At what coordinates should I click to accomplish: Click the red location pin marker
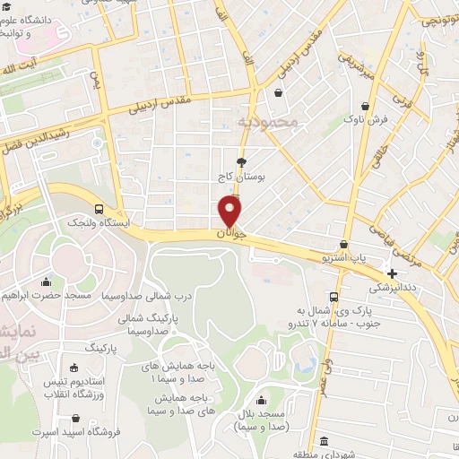coord(230,211)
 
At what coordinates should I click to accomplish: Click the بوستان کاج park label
coord(241,178)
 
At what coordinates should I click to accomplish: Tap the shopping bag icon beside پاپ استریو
coord(343,244)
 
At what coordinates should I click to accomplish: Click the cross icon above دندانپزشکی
coord(392,273)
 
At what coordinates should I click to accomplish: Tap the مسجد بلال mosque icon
coord(261,401)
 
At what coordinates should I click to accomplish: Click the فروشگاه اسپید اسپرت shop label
coord(77,433)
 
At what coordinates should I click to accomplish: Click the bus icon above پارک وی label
coord(333,297)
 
